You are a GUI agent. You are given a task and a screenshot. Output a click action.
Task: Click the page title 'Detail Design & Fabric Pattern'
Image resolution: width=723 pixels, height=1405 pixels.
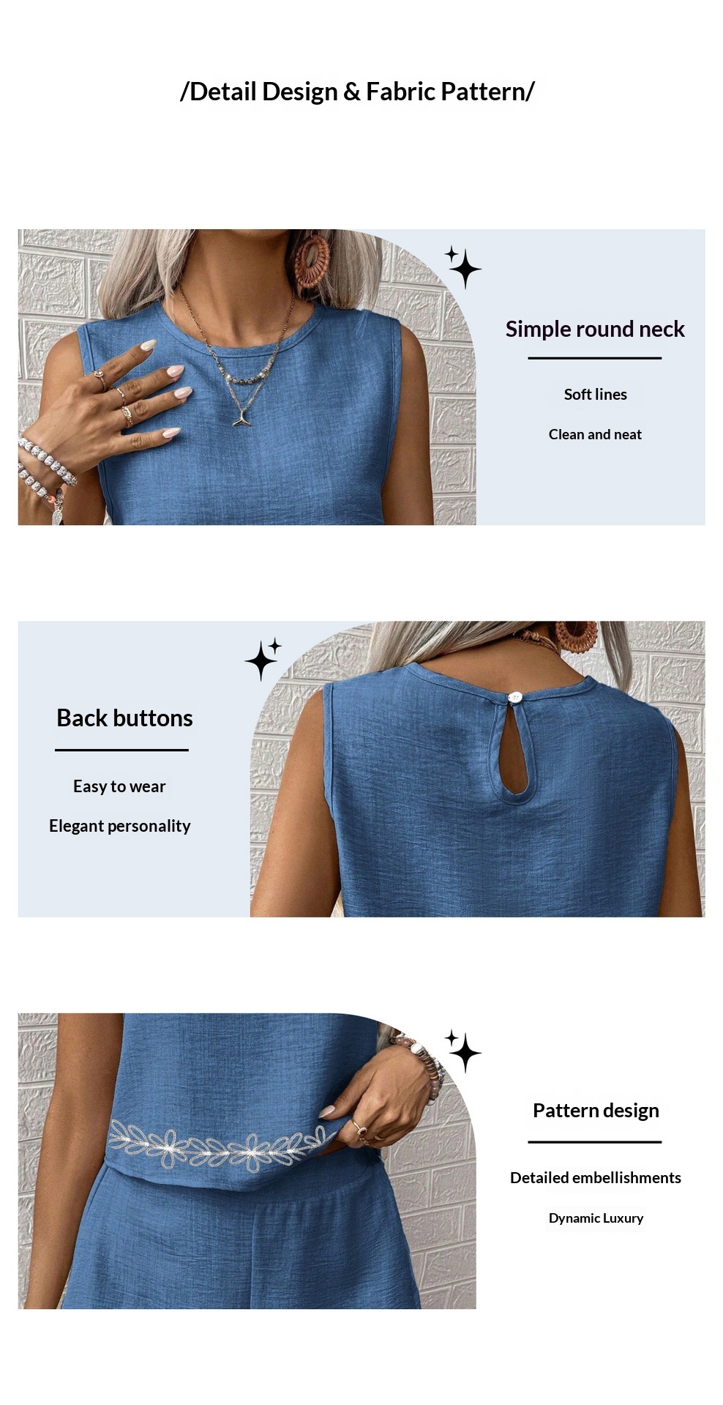(x=358, y=92)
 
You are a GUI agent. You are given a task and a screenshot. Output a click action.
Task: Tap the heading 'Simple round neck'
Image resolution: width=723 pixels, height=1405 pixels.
(x=595, y=329)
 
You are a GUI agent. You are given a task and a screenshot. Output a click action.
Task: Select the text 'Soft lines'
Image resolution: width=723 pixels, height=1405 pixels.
(x=595, y=394)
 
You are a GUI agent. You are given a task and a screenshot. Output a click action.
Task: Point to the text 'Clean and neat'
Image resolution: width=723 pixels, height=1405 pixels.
(x=595, y=434)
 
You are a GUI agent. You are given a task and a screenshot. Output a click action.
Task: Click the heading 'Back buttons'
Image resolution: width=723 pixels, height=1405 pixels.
(x=124, y=718)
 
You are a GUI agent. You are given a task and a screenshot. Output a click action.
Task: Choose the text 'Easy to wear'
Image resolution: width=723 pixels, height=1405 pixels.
(x=119, y=786)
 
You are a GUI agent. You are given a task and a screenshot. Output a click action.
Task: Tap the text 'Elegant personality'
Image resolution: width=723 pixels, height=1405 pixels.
(x=119, y=826)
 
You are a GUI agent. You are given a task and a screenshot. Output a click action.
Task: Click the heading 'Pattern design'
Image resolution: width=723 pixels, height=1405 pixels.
(x=596, y=1111)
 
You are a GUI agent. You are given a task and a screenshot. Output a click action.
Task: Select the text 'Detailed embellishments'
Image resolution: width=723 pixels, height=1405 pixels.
(x=596, y=1177)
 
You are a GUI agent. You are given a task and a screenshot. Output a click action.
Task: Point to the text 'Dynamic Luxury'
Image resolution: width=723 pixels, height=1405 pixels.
(x=596, y=1218)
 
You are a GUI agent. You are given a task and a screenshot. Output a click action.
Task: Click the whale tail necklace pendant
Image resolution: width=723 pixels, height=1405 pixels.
(x=242, y=418)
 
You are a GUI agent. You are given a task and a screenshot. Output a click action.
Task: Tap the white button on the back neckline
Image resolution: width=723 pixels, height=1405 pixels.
(x=515, y=697)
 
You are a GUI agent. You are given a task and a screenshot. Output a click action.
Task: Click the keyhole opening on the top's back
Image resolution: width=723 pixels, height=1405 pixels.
(x=521, y=747)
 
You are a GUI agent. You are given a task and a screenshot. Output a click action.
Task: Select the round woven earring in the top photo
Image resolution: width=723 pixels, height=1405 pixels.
(x=312, y=260)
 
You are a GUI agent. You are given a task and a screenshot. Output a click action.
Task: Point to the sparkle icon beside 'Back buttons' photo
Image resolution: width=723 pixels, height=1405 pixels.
(x=263, y=658)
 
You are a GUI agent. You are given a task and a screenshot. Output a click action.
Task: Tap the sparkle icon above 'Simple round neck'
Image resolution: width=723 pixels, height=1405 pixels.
(x=463, y=267)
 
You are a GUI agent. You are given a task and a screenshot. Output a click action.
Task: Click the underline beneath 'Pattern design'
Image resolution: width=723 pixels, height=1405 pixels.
(x=595, y=1141)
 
